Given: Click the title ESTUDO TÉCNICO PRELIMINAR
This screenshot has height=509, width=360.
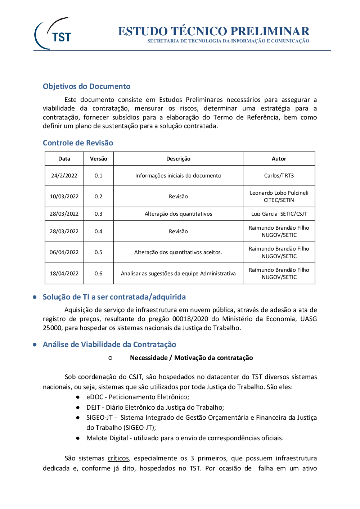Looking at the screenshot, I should pos(213,31).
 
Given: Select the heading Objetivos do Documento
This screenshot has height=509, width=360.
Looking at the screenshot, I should pos(86,86).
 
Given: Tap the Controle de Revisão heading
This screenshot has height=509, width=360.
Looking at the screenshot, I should pos(78,143).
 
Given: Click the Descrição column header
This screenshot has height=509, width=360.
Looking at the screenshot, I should pos(178,159).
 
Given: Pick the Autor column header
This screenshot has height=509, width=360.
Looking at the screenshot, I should pos(279,159).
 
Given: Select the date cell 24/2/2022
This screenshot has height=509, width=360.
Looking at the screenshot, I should pos(64,176).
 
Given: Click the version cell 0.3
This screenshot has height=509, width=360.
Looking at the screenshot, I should pos(98,214).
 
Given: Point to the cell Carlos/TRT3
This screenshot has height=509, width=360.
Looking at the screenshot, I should pos(279,176).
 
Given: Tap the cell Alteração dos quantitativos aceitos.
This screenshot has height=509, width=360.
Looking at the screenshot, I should pos(178,252).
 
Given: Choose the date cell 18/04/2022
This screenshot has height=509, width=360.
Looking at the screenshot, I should pos(64,274).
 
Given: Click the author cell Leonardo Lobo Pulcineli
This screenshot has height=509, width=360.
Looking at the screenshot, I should pos(279,193).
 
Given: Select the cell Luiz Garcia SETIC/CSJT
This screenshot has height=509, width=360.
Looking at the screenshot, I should pos(279,214).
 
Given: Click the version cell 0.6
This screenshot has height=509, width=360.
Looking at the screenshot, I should pos(98,274).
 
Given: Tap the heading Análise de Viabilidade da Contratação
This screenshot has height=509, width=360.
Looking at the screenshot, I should pos(109,344).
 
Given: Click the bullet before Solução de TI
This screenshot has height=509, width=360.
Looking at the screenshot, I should pos(35,297).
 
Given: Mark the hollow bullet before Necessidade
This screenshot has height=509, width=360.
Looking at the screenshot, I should pos(110,358).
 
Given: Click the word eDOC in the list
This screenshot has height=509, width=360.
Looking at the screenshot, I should pos(95,397).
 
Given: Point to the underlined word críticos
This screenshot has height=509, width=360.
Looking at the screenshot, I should pos(118,458).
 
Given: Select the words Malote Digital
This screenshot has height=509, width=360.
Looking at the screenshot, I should pos(107,438).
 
